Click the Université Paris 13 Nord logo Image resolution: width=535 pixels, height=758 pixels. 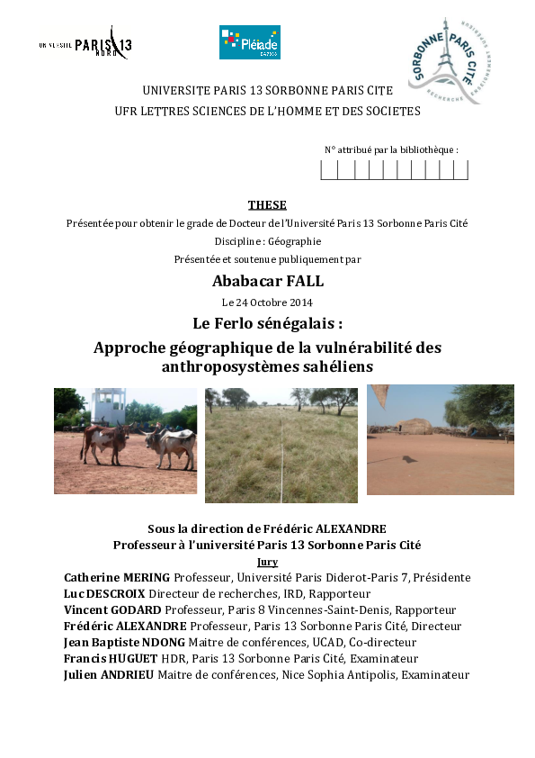tap(85, 44)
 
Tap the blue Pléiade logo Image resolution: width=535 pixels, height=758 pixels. tap(249, 42)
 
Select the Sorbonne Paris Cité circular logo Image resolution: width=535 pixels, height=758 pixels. tap(450, 59)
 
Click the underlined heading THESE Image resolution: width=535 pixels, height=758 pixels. tap(267, 205)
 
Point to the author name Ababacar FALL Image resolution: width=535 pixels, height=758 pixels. tap(267, 282)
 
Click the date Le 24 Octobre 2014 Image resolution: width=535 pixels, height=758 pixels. tap(267, 302)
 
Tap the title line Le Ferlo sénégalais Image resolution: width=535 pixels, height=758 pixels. tap(267, 322)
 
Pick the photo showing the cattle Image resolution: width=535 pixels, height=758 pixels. tap(125, 440)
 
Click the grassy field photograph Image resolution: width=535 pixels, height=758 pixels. tap(281, 445)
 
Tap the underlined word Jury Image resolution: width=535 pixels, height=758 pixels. tap(267, 562)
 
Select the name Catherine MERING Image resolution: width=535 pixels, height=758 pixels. tap(117, 577)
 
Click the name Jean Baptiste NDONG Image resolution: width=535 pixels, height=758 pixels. tap(125, 642)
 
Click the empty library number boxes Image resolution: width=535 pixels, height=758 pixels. tap(394, 169)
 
